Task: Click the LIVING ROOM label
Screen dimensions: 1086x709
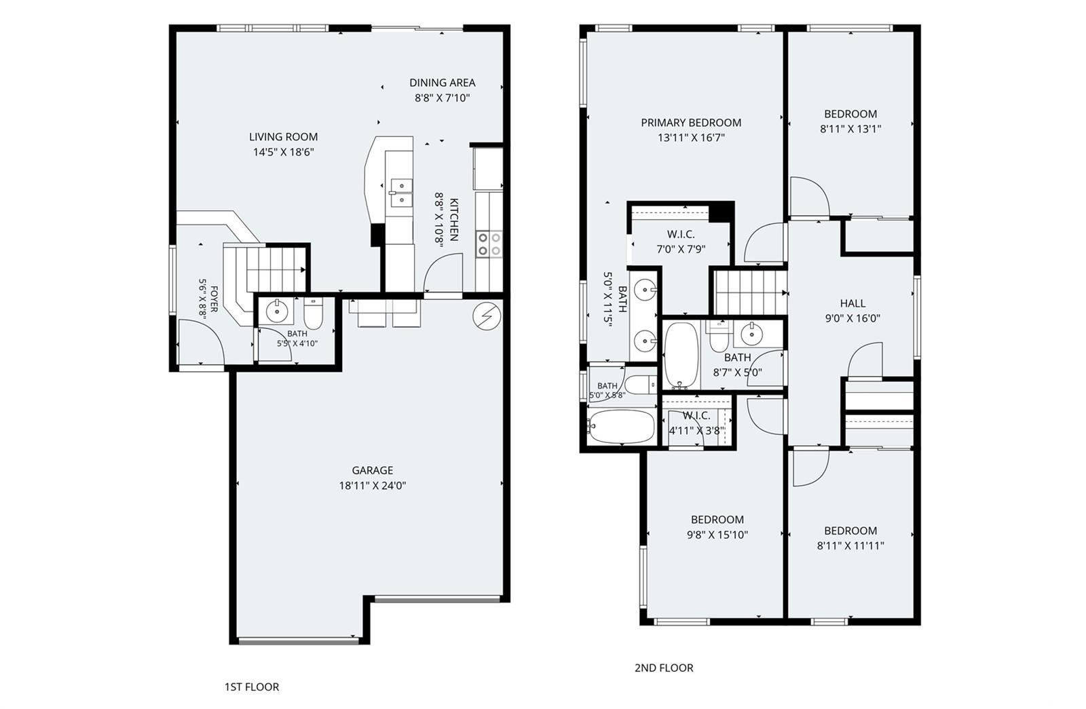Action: pos(283,137)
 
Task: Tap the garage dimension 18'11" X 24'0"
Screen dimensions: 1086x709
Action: pos(373,486)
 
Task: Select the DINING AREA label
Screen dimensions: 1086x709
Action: pos(442,83)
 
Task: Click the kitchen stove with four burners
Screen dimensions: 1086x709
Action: pos(489,244)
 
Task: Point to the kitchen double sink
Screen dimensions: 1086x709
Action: pos(401,193)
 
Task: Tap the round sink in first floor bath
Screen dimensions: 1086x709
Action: pos(276,310)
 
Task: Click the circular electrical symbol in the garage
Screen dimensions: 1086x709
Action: pos(486,316)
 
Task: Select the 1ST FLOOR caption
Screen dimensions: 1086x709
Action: pos(252,687)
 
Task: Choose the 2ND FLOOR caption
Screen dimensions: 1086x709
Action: pos(664,668)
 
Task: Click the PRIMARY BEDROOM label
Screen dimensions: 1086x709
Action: pos(691,123)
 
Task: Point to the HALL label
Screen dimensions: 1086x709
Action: pos(853,303)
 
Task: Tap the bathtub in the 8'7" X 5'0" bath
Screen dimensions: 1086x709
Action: pos(681,356)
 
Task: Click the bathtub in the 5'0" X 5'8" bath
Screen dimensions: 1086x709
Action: pos(621,427)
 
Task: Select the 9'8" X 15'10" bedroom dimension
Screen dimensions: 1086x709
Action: pos(717,535)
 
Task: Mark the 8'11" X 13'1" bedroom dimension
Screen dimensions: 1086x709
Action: pos(850,129)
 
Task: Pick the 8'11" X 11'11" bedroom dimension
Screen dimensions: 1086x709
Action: pos(850,545)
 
